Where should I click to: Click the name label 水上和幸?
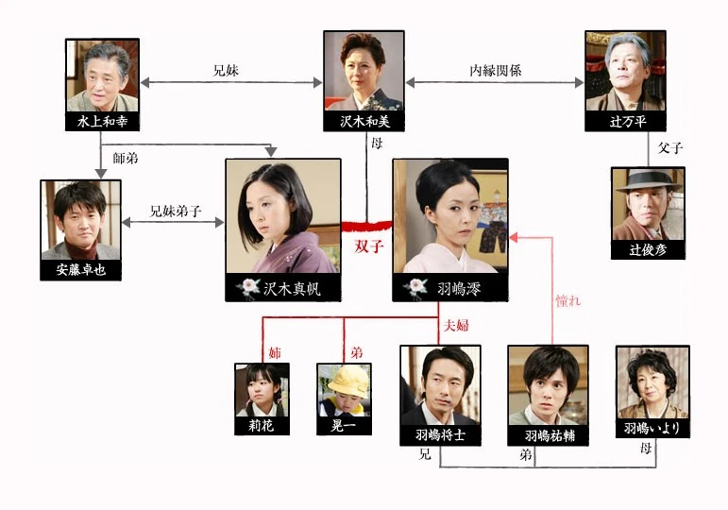tap(102, 122)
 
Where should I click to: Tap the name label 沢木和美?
tap(364, 122)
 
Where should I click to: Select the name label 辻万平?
tap(628, 122)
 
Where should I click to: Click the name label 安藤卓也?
tap(81, 270)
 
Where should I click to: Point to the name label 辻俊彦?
tap(648, 250)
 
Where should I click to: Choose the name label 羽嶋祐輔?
tap(550, 435)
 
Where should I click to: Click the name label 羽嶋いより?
tap(652, 428)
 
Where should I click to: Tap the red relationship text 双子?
tap(369, 246)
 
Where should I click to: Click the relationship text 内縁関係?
tap(496, 71)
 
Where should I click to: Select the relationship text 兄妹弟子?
tap(176, 212)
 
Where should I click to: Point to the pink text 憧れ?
tap(567, 301)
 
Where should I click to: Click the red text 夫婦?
tap(456, 325)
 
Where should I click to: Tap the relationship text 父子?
tap(670, 148)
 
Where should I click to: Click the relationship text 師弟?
tap(126, 159)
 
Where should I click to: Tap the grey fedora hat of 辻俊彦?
tap(648, 181)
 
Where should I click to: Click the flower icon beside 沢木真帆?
tap(248, 288)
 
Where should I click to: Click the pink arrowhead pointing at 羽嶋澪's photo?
tap(514, 238)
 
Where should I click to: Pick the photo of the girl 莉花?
tap(262, 390)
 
